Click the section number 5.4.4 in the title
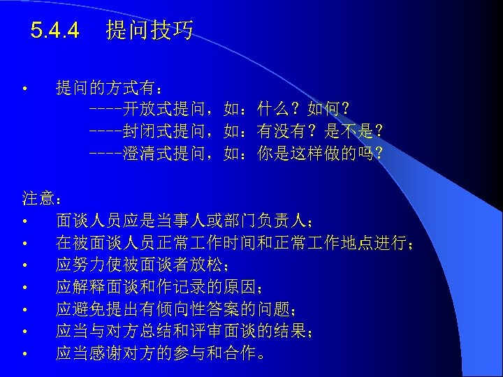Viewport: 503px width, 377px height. pyautogui.click(x=55, y=31)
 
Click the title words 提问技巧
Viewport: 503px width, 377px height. pyautogui.click(x=150, y=31)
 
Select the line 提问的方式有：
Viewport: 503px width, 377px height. pyautogui.click(x=111, y=89)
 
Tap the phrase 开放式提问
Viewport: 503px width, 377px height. pyautogui.click(x=166, y=110)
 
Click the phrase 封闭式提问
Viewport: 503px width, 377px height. pyautogui.click(x=166, y=131)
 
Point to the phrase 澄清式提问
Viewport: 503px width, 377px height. pyautogui.click(x=166, y=151)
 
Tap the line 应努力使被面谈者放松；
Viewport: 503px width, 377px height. pyautogui.click(x=143, y=266)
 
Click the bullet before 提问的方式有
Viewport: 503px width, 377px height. pyautogui.click(x=24, y=89)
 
